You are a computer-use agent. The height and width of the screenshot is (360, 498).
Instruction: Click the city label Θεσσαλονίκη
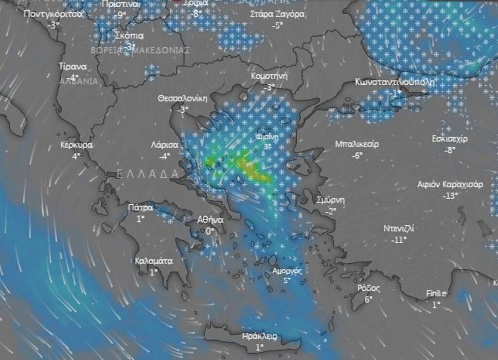click(182, 98)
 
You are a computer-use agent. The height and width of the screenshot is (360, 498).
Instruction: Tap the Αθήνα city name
click(210, 220)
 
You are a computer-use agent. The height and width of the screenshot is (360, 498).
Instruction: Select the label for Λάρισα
click(164, 145)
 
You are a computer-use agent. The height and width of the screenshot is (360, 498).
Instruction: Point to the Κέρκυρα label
click(76, 145)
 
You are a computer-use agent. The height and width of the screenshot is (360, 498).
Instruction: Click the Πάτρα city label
click(140, 208)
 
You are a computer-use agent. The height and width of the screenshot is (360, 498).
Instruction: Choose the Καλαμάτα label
click(154, 261)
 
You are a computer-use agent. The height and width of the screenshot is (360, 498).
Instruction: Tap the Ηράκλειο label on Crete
click(260, 336)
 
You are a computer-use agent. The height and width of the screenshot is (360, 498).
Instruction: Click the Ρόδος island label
click(368, 288)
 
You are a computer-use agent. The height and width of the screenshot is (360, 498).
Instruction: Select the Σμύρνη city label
click(330, 200)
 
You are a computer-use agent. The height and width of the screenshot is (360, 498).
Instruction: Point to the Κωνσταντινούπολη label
click(394, 81)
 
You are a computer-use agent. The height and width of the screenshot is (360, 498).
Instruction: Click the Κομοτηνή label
click(269, 76)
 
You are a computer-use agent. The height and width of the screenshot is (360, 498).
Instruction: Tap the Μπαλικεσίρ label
click(357, 144)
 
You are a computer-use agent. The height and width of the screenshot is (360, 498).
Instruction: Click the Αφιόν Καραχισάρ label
click(450, 184)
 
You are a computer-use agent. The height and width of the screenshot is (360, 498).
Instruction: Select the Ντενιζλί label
click(399, 229)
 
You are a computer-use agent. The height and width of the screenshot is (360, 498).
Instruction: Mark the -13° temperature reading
click(450, 196)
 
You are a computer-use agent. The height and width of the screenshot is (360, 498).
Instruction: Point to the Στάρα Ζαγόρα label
click(277, 14)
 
